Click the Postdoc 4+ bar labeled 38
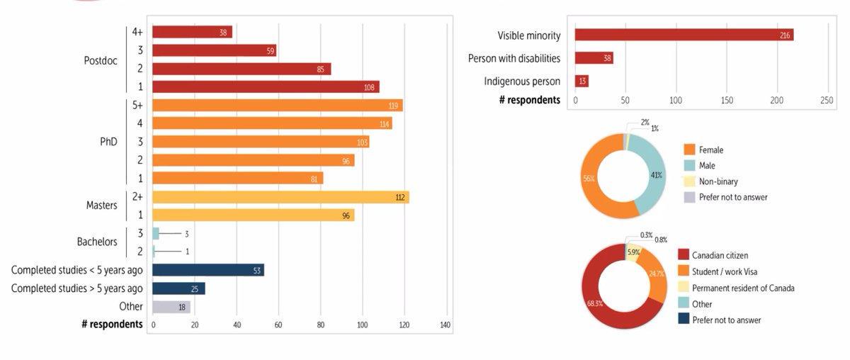pyautogui.click(x=192, y=32)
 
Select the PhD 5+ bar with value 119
pyautogui.click(x=277, y=106)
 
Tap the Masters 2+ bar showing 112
pyautogui.click(x=280, y=197)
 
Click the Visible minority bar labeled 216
pyautogui.click(x=684, y=35)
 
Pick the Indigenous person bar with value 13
pyautogui.click(x=582, y=81)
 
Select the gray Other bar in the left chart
pyautogui.click(x=171, y=307)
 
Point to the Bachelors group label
pyautogui.click(x=97, y=242)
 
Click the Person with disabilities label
pyautogui.click(x=514, y=58)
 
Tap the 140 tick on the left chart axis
pyautogui.click(x=446, y=325)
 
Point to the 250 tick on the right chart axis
pyautogui.click(x=826, y=101)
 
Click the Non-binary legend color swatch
pyautogui.click(x=689, y=181)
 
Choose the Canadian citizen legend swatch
pyautogui.click(x=684, y=254)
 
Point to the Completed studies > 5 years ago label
pyautogui.click(x=76, y=288)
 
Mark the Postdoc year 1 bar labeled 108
pyautogui.click(x=266, y=87)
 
